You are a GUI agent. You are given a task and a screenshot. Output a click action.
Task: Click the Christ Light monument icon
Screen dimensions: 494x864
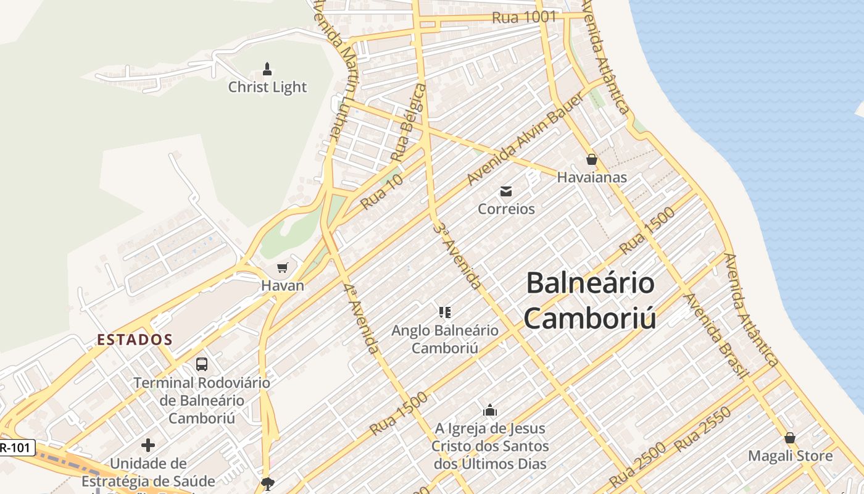267,69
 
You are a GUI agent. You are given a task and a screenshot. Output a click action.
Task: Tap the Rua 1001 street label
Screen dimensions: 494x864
525,17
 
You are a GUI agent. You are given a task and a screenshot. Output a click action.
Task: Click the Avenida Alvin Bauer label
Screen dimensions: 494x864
525,140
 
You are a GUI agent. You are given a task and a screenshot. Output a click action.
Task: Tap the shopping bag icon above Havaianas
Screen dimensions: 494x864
592,160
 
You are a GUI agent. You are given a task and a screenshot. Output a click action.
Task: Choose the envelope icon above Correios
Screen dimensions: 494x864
506,191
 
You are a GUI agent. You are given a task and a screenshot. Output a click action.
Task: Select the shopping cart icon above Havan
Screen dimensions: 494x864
283,267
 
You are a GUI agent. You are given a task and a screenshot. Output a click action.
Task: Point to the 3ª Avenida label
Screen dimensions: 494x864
457,256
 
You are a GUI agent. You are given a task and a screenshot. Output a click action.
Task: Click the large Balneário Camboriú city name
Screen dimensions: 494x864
590,301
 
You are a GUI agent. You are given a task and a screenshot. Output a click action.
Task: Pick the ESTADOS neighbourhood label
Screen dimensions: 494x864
135,340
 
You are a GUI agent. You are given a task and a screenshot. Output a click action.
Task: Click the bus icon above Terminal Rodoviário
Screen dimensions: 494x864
202,364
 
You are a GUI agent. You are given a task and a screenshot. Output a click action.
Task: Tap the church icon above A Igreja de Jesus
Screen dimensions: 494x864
490,410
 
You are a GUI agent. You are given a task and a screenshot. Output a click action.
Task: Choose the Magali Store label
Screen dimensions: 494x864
790,456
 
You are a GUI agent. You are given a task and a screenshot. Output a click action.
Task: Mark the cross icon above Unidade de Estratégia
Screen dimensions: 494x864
148,445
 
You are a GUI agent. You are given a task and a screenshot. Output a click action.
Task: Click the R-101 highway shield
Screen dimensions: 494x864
15,448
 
